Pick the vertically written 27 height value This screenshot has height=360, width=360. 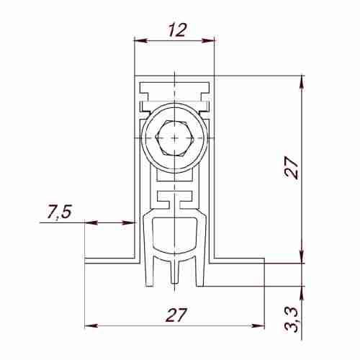coord(291,168)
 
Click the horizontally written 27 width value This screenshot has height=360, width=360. coord(176,315)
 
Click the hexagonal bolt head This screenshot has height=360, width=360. coord(175,137)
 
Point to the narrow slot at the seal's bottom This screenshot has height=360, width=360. coord(175,272)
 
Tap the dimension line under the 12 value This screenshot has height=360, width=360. coord(175,42)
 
